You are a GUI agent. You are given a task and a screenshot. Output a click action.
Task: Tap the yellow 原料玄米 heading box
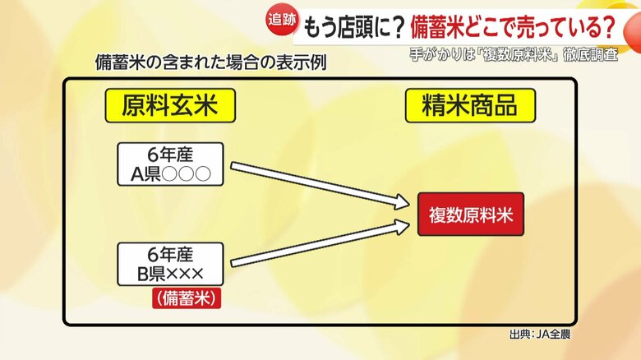[x=169, y=106]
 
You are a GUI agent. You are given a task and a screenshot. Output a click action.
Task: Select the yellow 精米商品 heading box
[x=470, y=106]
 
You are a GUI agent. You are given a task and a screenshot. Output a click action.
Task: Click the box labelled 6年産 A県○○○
[x=170, y=164]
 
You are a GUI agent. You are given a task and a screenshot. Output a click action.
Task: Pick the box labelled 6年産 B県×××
[x=170, y=264]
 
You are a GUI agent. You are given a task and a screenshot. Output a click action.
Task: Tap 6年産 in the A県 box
[x=170, y=155]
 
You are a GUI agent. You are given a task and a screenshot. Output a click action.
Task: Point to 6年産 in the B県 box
[x=170, y=255]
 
